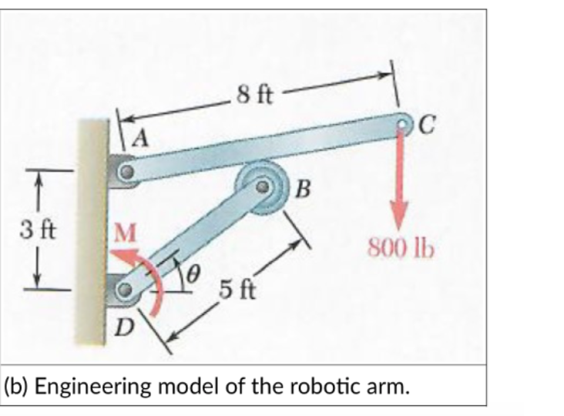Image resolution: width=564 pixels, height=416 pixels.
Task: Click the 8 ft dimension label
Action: (254, 96)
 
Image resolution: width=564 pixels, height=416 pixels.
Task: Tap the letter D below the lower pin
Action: (123, 331)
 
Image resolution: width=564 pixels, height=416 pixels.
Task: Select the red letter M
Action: (125, 231)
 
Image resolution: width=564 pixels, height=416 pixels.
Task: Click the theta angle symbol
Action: (195, 271)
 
